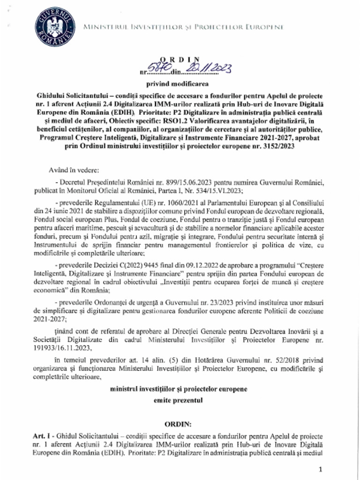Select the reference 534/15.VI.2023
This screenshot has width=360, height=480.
[218, 190]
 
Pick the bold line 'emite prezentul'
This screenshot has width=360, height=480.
[179, 401]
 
